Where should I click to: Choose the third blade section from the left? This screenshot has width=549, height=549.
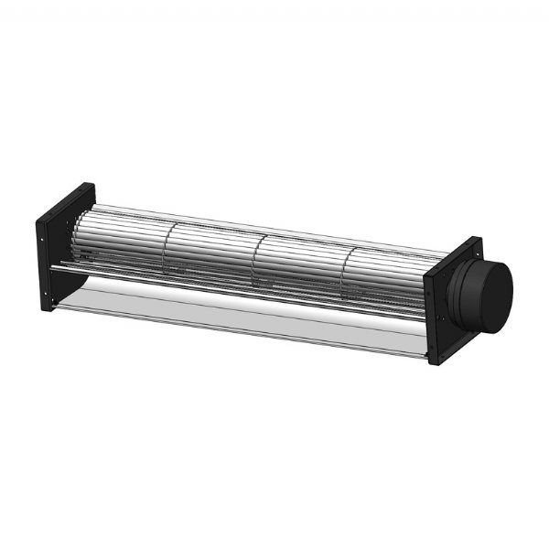pyautogui.click(x=302, y=265)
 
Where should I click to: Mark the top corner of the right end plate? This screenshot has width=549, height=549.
pyautogui.click(x=478, y=241)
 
